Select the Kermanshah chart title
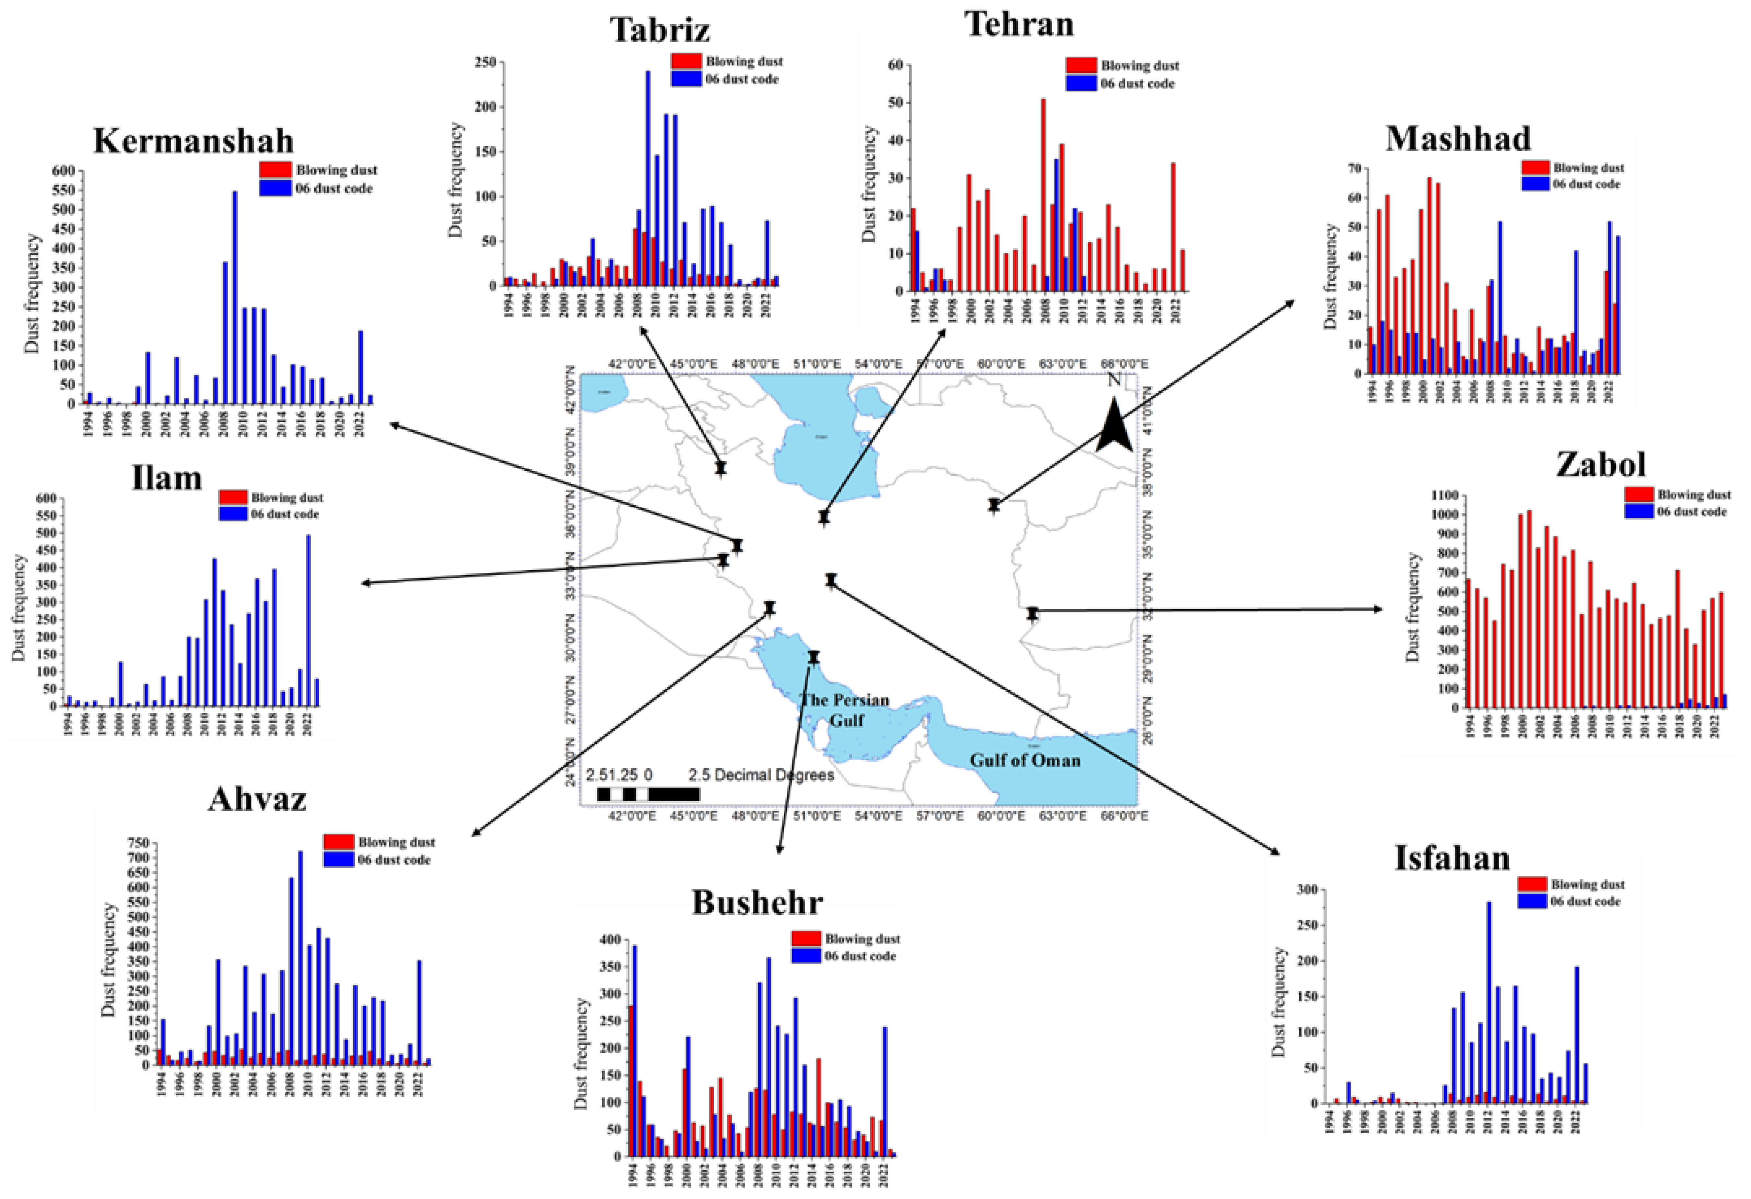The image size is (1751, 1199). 194,141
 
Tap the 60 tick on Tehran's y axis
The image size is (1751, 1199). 895,65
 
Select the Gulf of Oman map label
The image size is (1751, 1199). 1025,760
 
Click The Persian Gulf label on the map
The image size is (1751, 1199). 845,710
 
